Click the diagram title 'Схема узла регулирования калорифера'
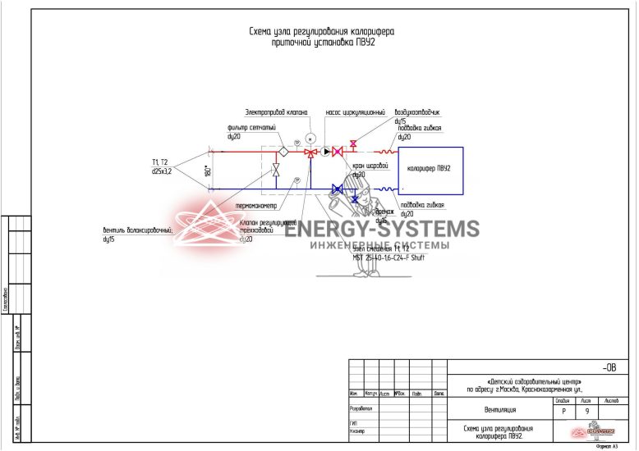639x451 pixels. coord(321,31)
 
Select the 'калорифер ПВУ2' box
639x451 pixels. coord(430,169)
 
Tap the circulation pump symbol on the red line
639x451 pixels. coord(326,152)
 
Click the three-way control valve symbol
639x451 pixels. coord(309,152)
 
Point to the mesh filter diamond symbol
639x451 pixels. coord(283,152)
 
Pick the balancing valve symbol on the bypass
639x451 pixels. coord(276,170)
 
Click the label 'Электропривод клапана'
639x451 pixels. coord(276,112)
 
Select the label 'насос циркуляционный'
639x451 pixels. coord(355,112)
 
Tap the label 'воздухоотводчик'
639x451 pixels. coord(418,112)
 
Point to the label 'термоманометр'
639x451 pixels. coord(255,205)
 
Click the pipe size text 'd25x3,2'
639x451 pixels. coord(163,171)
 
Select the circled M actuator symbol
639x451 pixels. coord(310,135)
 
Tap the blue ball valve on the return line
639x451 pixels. coord(337,189)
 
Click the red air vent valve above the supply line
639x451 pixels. coord(353,144)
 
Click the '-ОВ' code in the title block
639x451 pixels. coord(609,369)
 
